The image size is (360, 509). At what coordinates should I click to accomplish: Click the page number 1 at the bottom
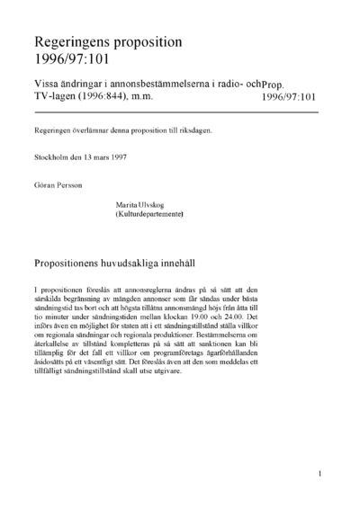[x=319, y=472]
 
